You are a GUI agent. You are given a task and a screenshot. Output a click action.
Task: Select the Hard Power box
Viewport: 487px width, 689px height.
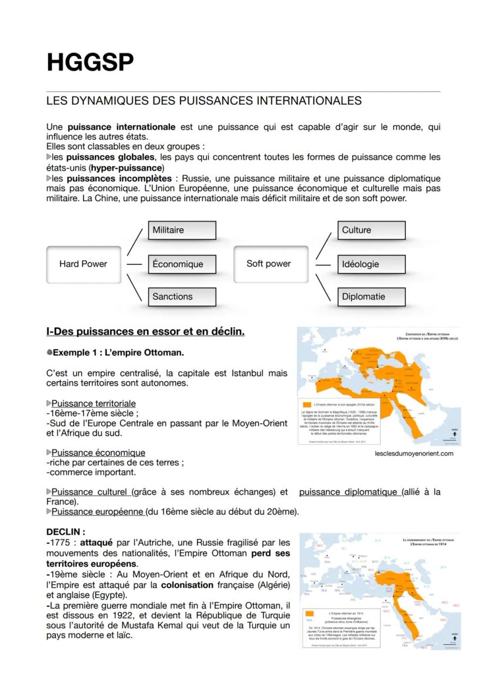[x=83, y=264]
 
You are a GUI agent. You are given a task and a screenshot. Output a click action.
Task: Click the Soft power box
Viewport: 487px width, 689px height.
[x=270, y=264]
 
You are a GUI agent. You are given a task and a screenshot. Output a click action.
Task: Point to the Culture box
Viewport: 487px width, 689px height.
[x=371, y=230]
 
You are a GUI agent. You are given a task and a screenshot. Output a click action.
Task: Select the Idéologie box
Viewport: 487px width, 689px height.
[x=371, y=264]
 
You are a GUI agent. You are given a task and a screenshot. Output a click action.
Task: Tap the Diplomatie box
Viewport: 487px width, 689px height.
[x=371, y=297]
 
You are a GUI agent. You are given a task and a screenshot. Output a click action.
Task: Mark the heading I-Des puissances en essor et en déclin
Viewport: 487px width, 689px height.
[x=145, y=332]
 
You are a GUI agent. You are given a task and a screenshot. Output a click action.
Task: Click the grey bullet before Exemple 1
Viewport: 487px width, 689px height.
[x=49, y=354]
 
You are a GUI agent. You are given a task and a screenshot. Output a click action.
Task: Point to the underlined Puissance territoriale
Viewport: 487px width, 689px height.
[x=94, y=404]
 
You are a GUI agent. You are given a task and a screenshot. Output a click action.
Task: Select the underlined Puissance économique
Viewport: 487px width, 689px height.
[x=98, y=453]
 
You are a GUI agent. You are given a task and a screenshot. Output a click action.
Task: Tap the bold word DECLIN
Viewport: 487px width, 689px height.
[x=65, y=532]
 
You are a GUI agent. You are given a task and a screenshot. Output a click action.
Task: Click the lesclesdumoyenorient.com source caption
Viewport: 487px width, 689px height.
[x=414, y=454]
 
